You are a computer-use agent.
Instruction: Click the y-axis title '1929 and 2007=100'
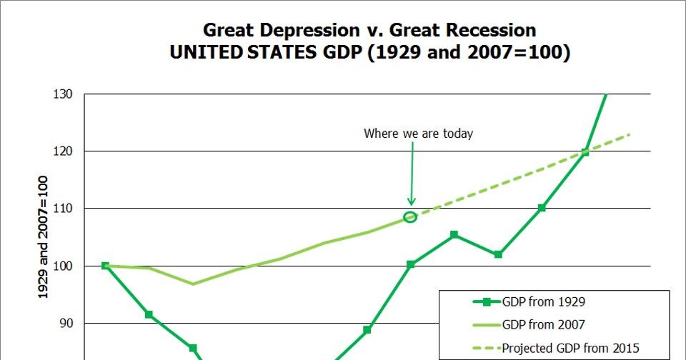coord(43,237)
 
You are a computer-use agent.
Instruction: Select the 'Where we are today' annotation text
coord(418,134)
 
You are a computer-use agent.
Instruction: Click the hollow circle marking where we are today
coord(410,217)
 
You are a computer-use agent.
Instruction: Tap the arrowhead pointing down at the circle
coord(411,201)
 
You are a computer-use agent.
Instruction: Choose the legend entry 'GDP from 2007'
coord(544,325)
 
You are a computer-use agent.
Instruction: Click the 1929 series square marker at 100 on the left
coord(106,266)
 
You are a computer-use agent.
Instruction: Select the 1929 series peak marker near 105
coord(454,235)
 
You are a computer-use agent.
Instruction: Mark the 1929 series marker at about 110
coord(542,208)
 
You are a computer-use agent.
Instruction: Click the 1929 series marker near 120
coord(585,152)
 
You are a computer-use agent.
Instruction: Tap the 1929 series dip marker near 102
coord(498,254)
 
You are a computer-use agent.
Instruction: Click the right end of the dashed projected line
coord(630,134)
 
